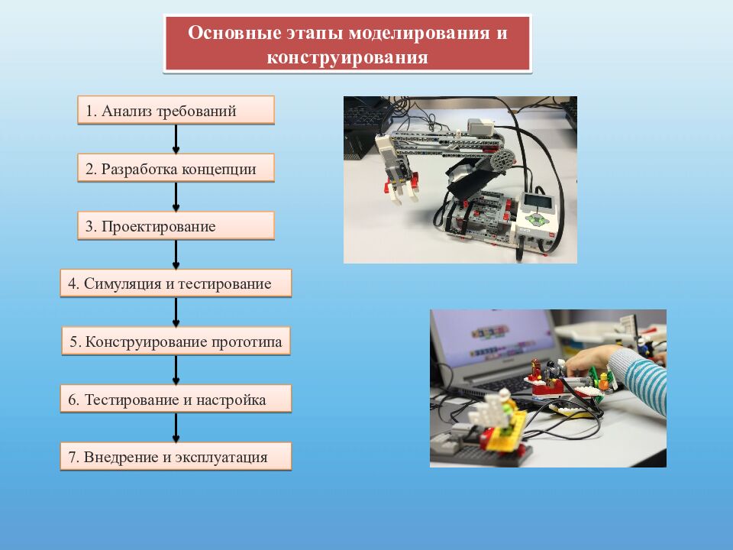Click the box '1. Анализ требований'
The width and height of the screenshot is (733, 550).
tap(176, 110)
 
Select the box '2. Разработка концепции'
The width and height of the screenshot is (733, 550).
tap(176, 168)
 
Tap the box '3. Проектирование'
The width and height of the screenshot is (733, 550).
tap(176, 226)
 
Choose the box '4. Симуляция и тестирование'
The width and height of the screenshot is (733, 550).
tap(176, 284)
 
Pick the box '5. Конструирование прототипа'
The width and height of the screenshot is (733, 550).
tap(176, 341)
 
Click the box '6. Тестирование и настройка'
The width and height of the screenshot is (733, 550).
tap(176, 400)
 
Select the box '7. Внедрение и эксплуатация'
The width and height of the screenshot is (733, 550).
tap(176, 458)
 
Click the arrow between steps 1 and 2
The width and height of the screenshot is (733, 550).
tap(176, 139)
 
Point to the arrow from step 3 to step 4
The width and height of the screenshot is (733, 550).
tap(176, 255)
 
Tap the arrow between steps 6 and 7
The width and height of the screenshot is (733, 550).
tap(176, 429)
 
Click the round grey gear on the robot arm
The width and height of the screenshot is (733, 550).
tap(504, 160)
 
